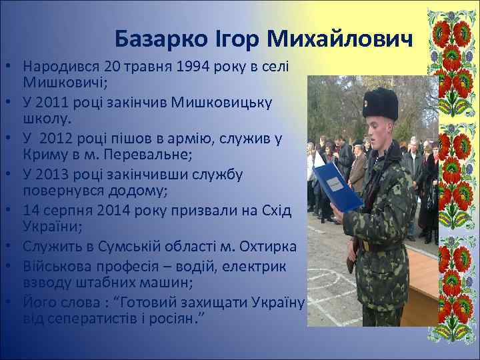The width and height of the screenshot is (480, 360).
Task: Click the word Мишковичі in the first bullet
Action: tap(57, 83)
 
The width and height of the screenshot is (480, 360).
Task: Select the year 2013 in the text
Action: tap(51, 175)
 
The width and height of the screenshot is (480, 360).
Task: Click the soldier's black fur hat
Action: tap(380, 104)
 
